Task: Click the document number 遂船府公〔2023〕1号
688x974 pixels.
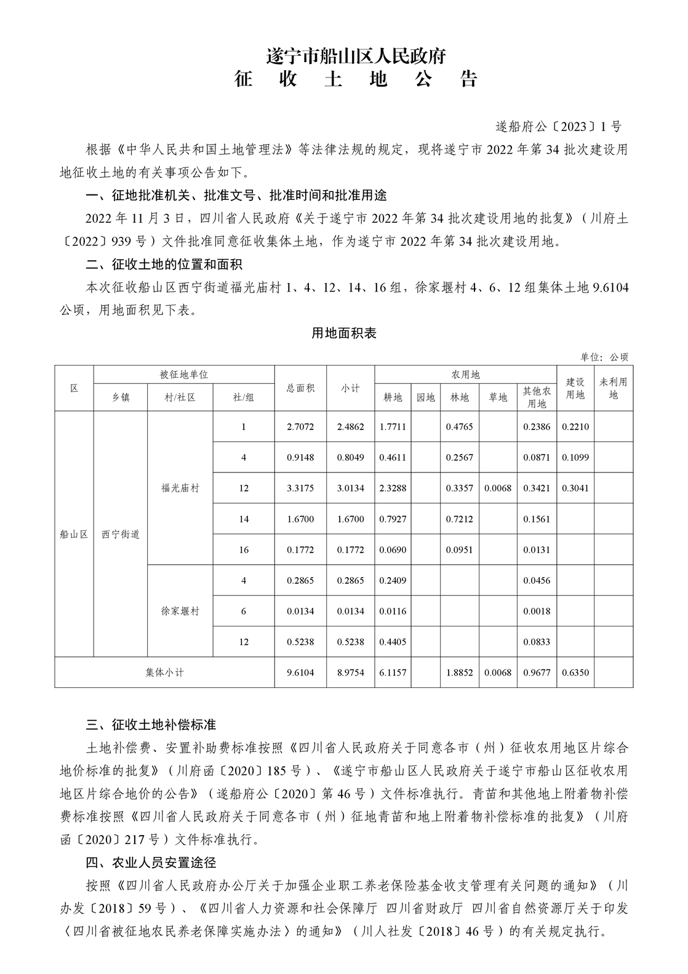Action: click(x=558, y=127)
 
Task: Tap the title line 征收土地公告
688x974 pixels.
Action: click(x=356, y=80)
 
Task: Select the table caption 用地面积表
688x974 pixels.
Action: click(x=343, y=333)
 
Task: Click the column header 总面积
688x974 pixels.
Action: click(x=300, y=388)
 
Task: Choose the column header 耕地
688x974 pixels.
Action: click(x=393, y=397)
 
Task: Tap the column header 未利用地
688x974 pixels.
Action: click(x=613, y=388)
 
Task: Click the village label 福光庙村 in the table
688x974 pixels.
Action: click(x=180, y=488)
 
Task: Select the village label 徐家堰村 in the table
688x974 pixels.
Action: click(x=180, y=611)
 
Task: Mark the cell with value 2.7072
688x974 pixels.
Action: click(x=300, y=426)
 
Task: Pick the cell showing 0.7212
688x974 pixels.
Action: click(x=459, y=519)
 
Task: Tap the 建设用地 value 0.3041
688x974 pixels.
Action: click(x=575, y=488)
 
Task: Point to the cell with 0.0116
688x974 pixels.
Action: click(x=393, y=611)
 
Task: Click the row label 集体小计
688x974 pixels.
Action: click(x=164, y=673)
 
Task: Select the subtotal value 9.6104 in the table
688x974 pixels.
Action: click(x=300, y=673)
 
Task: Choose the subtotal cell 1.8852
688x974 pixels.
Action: click(x=459, y=673)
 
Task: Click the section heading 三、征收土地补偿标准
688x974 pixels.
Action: click(x=151, y=724)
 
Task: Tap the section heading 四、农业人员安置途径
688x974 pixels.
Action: click(x=151, y=863)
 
